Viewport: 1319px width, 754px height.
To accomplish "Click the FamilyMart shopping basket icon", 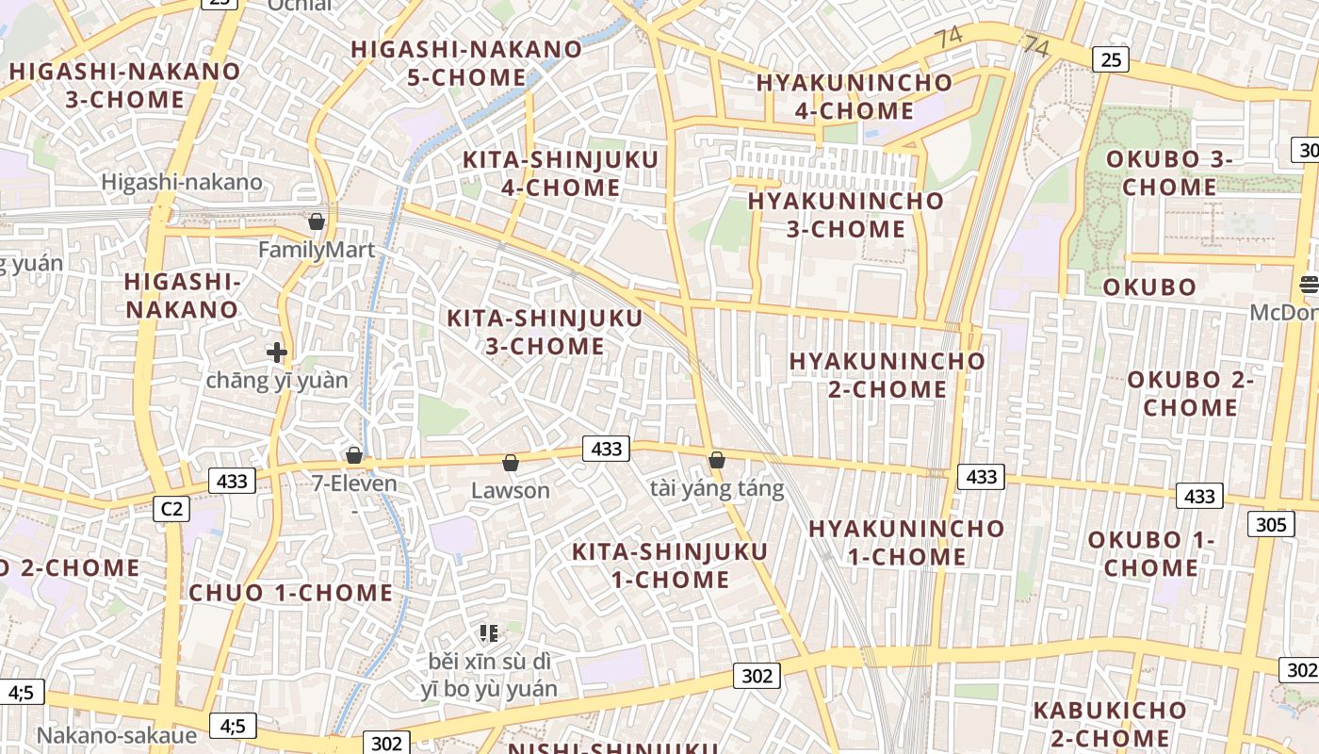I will click(x=317, y=221).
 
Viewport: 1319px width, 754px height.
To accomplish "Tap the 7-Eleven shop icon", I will click(x=354, y=456).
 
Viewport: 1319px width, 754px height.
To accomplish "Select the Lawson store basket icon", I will click(x=510, y=463).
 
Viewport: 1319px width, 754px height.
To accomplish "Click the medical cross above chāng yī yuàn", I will click(x=277, y=352).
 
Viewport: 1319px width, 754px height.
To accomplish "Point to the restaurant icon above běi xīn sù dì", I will click(x=488, y=632).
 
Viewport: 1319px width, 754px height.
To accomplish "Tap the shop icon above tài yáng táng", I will click(x=717, y=460).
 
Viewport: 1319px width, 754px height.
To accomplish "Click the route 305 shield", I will click(x=1271, y=524).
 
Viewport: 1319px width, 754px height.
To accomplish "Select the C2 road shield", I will click(x=171, y=509).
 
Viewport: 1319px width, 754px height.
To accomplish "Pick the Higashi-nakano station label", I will click(x=182, y=182).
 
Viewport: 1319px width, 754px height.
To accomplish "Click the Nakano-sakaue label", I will click(x=117, y=735).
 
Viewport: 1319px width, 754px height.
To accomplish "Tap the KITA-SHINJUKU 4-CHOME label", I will click(x=560, y=173).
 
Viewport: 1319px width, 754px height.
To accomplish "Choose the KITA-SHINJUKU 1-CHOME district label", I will click(x=670, y=565).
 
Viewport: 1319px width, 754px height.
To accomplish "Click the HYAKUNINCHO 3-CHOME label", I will click(x=845, y=215).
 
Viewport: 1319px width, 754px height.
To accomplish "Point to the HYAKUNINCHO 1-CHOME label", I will click(x=906, y=542).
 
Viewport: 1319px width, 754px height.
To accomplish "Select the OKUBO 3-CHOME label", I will click(x=1168, y=172).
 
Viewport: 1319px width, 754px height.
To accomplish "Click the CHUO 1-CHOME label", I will click(x=290, y=593).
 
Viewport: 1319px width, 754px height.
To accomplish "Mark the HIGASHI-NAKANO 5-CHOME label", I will click(x=466, y=63).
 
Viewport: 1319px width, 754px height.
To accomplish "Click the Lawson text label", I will click(x=510, y=490).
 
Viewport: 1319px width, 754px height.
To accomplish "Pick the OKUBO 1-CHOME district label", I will click(x=1150, y=554).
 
